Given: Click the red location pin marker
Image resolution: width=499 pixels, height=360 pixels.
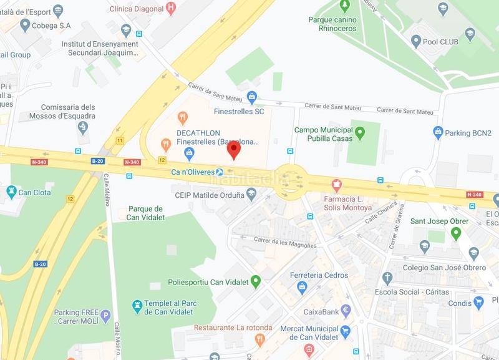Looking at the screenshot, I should click(233, 150).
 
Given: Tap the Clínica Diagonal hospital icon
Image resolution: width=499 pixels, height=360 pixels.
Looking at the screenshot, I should click(171, 8).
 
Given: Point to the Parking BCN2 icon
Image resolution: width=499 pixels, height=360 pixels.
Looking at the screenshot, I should click(438, 132).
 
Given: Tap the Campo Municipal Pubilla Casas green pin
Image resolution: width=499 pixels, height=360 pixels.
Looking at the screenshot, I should click(359, 132).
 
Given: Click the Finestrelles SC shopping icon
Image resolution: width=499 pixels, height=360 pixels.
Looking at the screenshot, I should click(251, 97).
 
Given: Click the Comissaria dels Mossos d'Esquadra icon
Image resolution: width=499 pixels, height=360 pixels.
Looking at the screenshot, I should click(83, 127).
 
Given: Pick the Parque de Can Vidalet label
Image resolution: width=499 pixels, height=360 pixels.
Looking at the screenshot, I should click(145, 213).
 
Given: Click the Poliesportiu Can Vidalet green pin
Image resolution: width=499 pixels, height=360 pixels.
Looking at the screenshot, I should click(255, 281).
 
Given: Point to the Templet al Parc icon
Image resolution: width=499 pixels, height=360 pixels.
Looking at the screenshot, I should click(137, 306).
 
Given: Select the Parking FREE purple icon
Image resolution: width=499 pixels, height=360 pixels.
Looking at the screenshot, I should click(105, 315).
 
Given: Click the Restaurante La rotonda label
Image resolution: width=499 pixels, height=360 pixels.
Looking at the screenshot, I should click(233, 328).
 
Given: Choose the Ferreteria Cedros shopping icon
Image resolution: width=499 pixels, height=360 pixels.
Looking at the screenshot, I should click(302, 286).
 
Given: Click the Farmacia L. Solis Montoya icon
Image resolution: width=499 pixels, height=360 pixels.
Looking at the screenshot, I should click(337, 185).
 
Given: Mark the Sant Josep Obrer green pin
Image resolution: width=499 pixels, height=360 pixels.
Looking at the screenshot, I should click(456, 233).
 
